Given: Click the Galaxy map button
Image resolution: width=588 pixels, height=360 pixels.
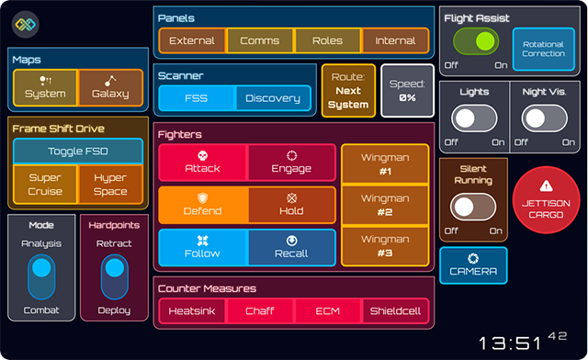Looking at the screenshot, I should [110, 87].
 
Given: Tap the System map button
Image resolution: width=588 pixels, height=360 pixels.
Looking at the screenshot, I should [45, 87].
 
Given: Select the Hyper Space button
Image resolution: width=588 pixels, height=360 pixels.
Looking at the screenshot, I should [110, 185].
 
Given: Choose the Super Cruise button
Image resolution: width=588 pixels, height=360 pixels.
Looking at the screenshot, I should [45, 185].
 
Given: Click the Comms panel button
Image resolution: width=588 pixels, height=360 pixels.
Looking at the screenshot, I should [260, 40].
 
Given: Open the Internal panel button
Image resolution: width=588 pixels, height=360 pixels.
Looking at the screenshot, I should [395, 40].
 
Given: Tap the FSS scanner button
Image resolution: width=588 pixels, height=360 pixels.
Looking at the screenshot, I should [197, 98].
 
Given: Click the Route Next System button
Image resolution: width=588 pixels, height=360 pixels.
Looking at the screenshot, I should [348, 91].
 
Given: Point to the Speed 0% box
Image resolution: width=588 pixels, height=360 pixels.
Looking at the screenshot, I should [407, 91].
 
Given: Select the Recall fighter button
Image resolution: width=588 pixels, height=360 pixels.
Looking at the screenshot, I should [291, 247].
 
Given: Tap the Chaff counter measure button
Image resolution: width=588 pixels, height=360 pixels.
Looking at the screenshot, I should [259, 311].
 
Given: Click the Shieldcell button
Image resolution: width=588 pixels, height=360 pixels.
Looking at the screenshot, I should [395, 311].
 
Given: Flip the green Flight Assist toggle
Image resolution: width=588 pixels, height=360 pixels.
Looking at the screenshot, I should [476, 42].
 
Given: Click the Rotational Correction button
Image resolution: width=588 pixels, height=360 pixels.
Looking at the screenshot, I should [543, 49].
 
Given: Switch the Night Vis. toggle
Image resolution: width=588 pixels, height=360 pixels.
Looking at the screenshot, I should [545, 119].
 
